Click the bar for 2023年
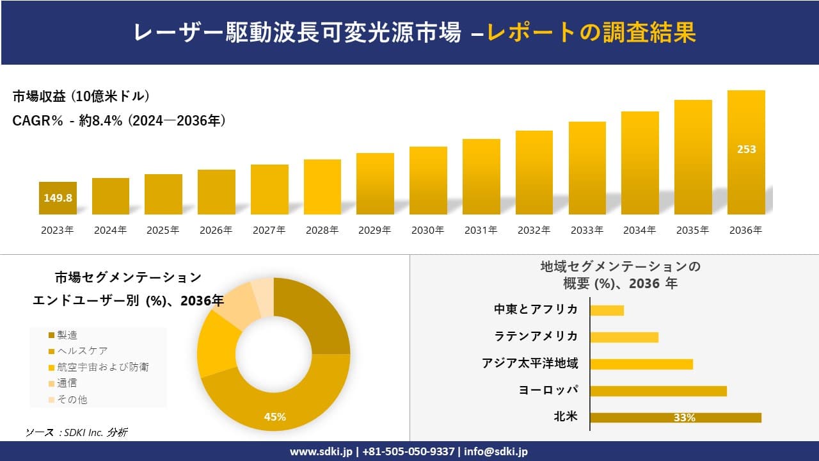pos(58,198)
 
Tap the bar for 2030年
pos(428,181)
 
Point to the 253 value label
pos(746,149)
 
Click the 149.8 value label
pos(58,198)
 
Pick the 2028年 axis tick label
pos(322,230)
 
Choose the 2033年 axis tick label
pos(587,230)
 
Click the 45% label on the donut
pos(274,417)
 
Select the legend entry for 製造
pos(67,335)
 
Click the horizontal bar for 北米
pos(676,417)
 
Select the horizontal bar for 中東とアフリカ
pos(607,310)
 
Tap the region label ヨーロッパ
pos(548,390)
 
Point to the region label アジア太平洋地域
pos(530,363)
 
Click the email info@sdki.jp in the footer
pos(496,451)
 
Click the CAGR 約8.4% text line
pos(119,120)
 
